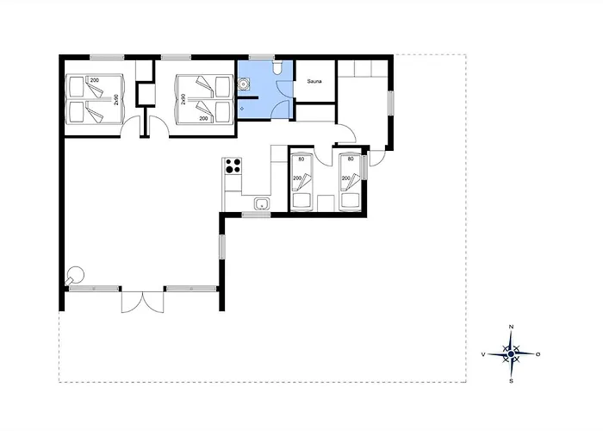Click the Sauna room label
click(314, 82)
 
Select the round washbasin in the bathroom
click(244, 84)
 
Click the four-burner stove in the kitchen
click(233, 166)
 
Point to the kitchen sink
click(262, 203)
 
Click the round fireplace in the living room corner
click(75, 275)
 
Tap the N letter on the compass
click(511, 327)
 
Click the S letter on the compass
click(511, 381)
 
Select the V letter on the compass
click(483, 354)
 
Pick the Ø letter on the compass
click(538, 354)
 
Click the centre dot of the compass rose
click(511, 354)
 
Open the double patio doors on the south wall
click(143, 302)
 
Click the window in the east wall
click(391, 103)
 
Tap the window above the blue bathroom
click(262, 58)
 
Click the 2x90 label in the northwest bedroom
click(116, 100)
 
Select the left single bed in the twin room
click(301, 183)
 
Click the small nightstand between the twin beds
click(326, 203)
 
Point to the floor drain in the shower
click(242, 109)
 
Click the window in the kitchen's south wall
click(256, 215)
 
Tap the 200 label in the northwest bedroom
click(94, 80)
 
